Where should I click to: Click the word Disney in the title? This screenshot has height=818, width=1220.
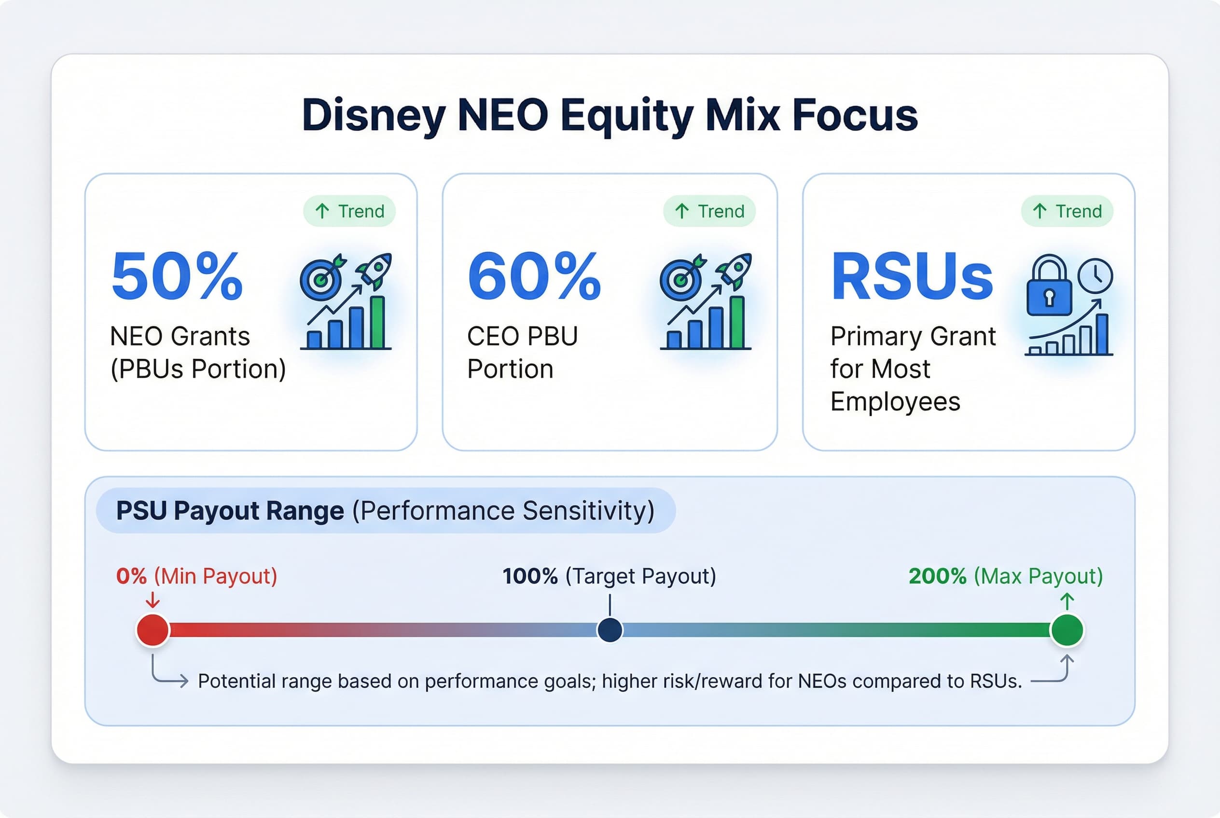[x=373, y=116]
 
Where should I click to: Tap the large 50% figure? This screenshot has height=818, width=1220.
[x=178, y=276]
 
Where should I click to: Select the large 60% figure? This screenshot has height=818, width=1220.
[x=535, y=276]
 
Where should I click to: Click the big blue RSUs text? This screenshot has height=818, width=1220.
[x=912, y=276]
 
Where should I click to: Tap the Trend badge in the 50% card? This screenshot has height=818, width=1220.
[x=349, y=211]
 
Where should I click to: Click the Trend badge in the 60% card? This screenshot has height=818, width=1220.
[x=709, y=211]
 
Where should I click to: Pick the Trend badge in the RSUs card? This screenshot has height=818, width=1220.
[x=1067, y=211]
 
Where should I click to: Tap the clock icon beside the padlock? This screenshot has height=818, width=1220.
[x=1095, y=275]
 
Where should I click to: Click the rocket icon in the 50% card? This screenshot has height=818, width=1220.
[x=375, y=269]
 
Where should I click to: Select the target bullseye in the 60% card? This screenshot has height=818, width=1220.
[x=679, y=279]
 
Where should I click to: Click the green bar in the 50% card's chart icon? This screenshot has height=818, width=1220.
[x=377, y=322]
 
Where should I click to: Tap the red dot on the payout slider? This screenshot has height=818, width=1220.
[x=153, y=630]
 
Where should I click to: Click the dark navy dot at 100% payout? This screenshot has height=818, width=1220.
[x=610, y=630]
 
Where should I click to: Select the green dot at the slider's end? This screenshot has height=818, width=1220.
[x=1067, y=630]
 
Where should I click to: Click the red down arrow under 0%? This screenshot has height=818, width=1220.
[x=152, y=600]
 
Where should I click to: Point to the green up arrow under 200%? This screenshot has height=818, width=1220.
[x=1067, y=601]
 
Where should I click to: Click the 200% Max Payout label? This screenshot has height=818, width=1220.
[x=1005, y=576]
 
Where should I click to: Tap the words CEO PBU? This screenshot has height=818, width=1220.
[x=522, y=336]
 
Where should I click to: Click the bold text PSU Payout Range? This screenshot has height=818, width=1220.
[x=230, y=510]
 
